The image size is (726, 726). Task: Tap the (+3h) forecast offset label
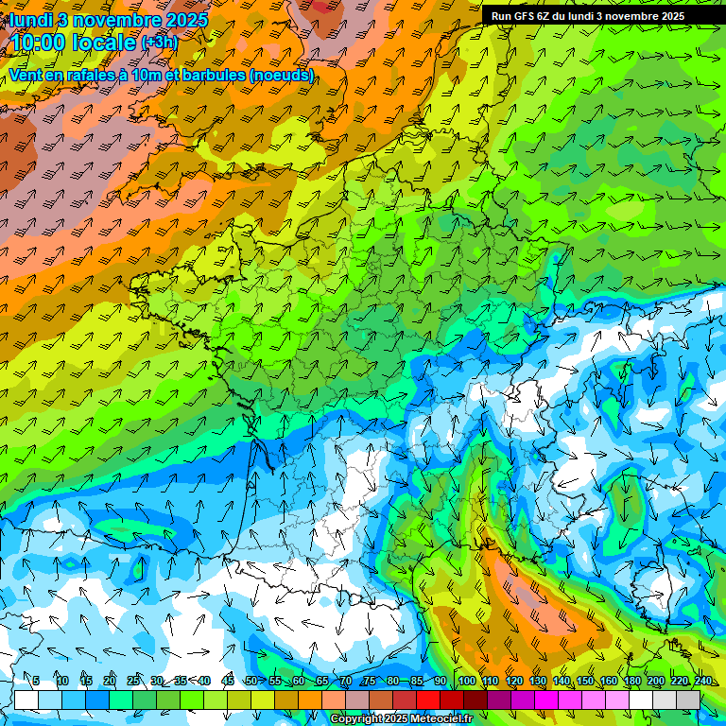(160, 42)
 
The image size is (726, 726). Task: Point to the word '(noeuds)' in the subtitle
(283, 75)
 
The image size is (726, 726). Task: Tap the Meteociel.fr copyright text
(402, 719)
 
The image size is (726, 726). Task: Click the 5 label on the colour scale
(36, 682)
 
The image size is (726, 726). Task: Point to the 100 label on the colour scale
(465, 682)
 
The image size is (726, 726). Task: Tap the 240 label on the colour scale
(702, 682)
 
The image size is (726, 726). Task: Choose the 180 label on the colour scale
(632, 682)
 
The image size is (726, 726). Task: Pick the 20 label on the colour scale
(110, 682)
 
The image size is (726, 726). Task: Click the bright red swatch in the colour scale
(428, 700)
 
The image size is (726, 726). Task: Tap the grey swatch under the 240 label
(688, 700)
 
